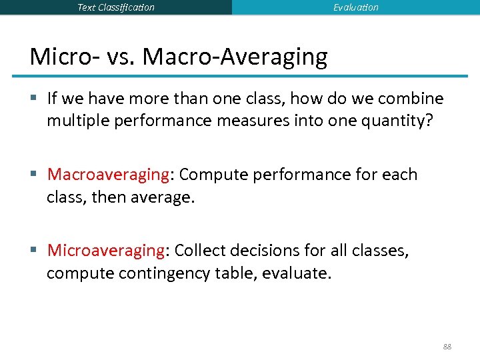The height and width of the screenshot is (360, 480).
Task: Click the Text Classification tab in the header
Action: click(x=116, y=7)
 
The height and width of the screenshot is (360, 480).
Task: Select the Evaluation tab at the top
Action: click(x=356, y=7)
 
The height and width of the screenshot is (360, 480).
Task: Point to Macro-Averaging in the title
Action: click(x=235, y=57)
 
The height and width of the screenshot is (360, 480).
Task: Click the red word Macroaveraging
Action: click(x=108, y=175)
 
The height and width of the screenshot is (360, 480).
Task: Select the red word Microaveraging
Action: click(x=105, y=251)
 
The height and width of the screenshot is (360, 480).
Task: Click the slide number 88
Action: click(x=446, y=347)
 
